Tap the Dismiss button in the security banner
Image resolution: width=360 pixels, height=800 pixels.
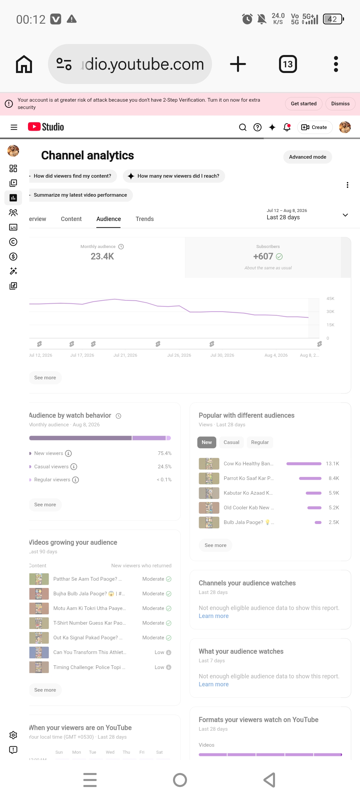coord(340,104)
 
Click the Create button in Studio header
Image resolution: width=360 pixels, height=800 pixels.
coord(315,127)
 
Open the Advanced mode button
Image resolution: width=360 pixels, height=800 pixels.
coord(307,157)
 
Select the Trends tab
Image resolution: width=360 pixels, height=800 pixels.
coord(145,219)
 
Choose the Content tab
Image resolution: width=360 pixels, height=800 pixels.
coord(71,219)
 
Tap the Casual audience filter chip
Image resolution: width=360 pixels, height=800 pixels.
coord(231,442)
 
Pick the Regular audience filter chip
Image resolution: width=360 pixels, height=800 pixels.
coord(260,442)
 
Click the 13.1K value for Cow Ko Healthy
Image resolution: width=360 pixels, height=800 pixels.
coord(332,464)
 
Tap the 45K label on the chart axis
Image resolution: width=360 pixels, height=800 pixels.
coord(330,299)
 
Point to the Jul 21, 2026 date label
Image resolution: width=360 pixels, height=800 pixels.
coord(125,355)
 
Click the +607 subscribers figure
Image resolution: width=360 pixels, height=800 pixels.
coord(263,256)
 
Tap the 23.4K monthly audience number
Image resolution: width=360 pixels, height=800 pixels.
coord(102,256)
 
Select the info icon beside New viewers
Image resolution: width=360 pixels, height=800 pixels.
coord(68,453)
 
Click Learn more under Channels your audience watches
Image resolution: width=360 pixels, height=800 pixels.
coord(214,616)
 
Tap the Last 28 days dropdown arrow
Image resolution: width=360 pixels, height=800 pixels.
coord(345,215)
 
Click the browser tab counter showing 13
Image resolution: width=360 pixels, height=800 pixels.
coord(288,64)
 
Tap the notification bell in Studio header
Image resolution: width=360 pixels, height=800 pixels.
coord(287,127)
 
